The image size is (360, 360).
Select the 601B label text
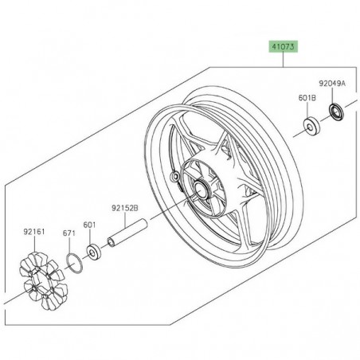point(307,97)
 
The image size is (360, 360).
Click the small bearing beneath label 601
point(95,252)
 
